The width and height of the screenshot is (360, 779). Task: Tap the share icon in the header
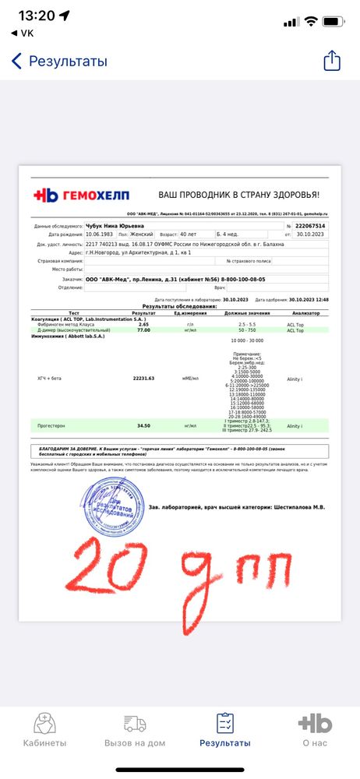(x=332, y=61)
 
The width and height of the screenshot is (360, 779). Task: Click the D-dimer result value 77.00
(x=143, y=330)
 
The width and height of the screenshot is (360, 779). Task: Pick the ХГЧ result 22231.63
(x=144, y=378)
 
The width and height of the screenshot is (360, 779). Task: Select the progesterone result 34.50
(x=143, y=426)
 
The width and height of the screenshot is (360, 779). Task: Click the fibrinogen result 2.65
(x=143, y=323)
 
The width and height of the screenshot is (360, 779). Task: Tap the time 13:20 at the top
(x=37, y=16)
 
